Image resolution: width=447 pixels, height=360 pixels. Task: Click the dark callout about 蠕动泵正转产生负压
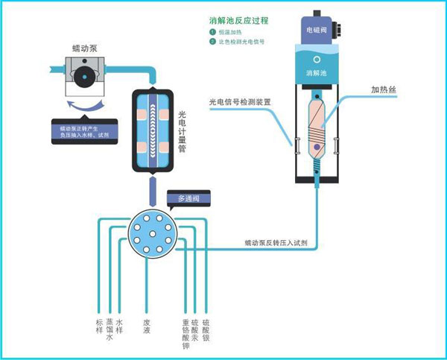coord(83,131)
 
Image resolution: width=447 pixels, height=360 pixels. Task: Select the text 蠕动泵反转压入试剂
coord(276,243)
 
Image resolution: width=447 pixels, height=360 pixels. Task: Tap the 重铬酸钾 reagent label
coord(186,333)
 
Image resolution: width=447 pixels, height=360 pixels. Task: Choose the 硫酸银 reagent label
coord(206,328)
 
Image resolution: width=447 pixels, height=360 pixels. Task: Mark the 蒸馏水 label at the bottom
coord(110,329)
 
